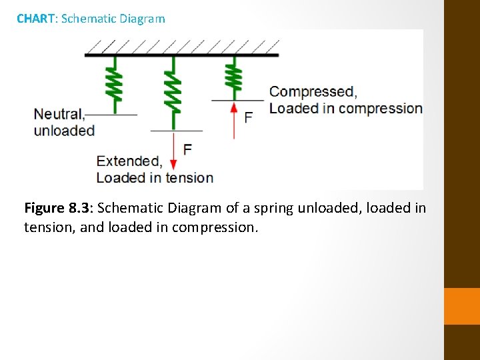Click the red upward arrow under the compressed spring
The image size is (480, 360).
pos(233,120)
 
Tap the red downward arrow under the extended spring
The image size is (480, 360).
pos(173,150)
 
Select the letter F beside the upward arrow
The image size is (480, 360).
pos(248,118)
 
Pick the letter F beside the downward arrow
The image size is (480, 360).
pos(187,149)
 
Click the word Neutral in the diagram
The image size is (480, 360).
pos(58,114)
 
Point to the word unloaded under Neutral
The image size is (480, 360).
pos(64,130)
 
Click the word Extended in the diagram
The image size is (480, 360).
pos(129,161)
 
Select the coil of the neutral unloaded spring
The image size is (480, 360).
pos(115,81)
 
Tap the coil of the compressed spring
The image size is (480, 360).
pos(233,76)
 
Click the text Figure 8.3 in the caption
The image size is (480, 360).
pos(55,208)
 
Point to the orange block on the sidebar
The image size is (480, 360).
pos(461,306)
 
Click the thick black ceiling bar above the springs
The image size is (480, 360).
pos(181,55)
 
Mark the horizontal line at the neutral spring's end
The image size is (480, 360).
pos(112,115)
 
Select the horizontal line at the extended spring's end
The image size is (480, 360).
pos(176,131)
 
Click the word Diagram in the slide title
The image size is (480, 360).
pos(142,19)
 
